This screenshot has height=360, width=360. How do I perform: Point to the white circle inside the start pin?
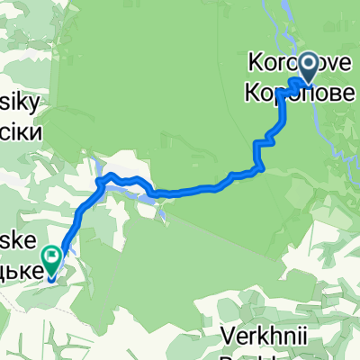[x=309, y=63]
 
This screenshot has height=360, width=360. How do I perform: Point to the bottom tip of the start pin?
[x=309, y=80]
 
